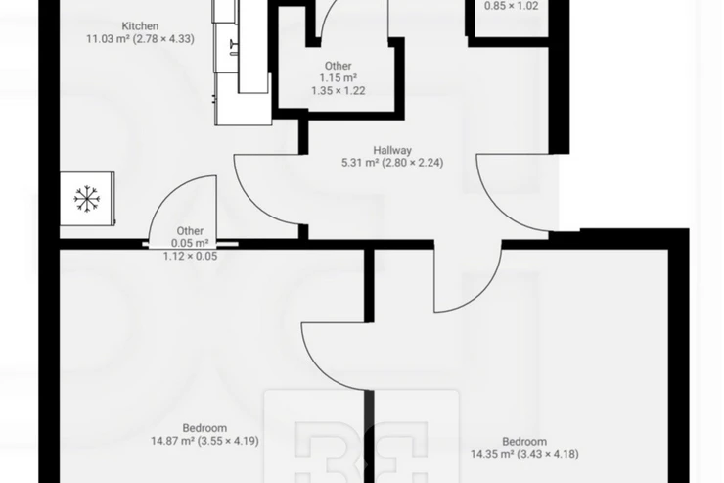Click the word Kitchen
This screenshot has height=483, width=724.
[x=140, y=25]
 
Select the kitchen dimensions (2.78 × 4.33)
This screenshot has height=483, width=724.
[x=163, y=39]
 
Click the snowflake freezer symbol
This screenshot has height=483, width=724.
[x=86, y=199]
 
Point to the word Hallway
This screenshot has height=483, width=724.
[x=392, y=150]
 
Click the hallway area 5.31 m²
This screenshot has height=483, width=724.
[x=360, y=163]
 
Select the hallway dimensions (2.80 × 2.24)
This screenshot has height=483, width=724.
[x=413, y=163]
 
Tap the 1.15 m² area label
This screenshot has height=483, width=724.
[x=339, y=78]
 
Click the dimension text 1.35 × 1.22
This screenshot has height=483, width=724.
[x=339, y=90]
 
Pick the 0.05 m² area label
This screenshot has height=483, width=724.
[x=190, y=243]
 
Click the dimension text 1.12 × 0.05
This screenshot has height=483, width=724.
[x=190, y=256]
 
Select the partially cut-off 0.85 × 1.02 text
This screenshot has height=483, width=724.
[x=511, y=6]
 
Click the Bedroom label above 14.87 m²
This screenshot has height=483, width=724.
[x=204, y=428]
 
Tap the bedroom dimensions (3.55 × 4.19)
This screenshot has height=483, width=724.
[x=228, y=441]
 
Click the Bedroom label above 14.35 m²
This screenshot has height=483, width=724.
[x=524, y=442]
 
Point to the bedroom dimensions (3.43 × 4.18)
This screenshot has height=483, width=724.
[x=548, y=454]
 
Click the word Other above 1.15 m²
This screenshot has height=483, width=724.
[x=338, y=66]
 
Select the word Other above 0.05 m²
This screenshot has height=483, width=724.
[x=190, y=230]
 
